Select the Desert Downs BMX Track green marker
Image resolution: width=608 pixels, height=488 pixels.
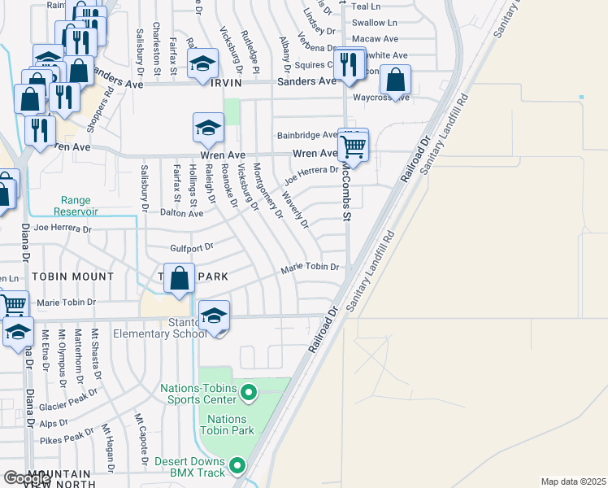[x=237, y=466]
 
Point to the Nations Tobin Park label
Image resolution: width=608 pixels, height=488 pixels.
[x=226, y=425]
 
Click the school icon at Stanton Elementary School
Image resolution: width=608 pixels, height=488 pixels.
[x=214, y=316]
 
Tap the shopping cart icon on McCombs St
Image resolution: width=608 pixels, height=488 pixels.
[x=353, y=146]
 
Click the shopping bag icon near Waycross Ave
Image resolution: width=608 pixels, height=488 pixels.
[x=396, y=80]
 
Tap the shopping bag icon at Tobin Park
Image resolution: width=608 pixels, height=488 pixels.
[x=180, y=278]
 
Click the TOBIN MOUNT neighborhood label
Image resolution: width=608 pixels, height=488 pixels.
[x=74, y=277]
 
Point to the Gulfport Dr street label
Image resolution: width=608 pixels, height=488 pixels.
[x=191, y=246]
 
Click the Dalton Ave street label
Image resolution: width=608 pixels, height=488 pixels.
[x=180, y=213]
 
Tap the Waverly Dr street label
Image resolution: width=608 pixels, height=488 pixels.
[x=295, y=210]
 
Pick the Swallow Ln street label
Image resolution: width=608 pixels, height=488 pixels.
[x=375, y=23]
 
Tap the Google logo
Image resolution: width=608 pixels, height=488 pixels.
[x=27, y=478]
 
